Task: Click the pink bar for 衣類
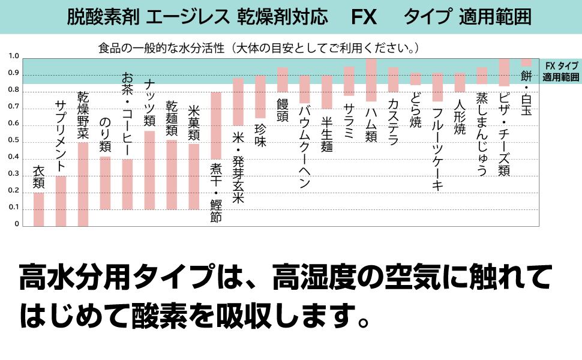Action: click(x=38, y=209)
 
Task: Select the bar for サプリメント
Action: click(x=61, y=201)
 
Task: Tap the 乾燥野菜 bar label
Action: click(x=83, y=116)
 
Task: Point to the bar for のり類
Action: click(x=106, y=183)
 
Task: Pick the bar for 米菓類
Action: click(x=194, y=176)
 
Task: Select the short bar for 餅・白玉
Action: click(x=526, y=62)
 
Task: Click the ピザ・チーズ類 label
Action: click(x=504, y=134)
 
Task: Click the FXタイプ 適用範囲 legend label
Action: click(x=560, y=71)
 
